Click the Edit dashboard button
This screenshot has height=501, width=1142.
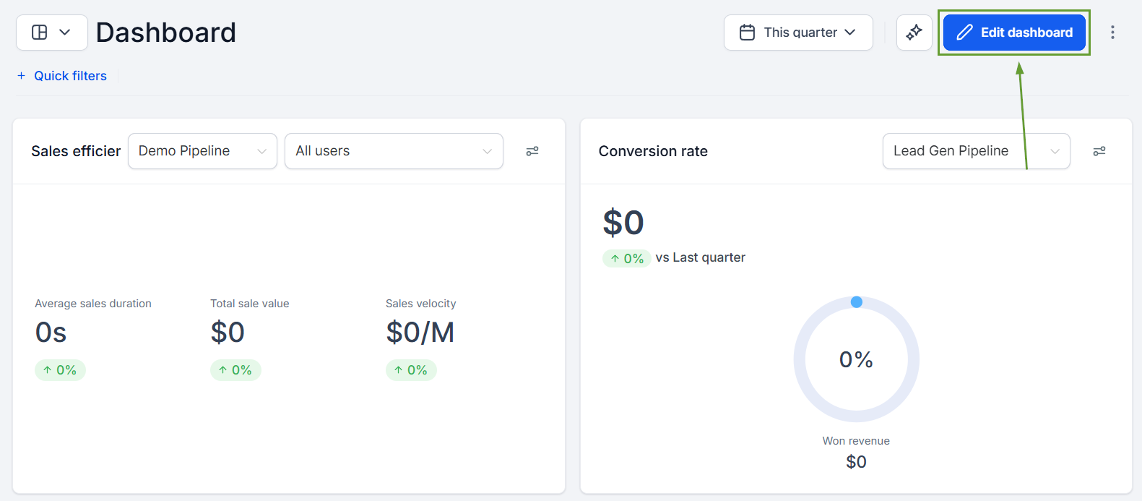(1014, 33)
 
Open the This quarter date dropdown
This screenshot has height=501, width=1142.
(798, 33)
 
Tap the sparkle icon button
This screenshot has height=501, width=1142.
(914, 33)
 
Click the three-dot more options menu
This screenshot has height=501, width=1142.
(1112, 33)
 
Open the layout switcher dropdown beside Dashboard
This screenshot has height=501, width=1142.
(51, 33)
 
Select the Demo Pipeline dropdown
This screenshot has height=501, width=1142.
(202, 151)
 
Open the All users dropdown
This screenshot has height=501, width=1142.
(394, 151)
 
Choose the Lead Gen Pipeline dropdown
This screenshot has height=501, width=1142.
(977, 151)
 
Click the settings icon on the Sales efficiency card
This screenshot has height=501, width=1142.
(532, 151)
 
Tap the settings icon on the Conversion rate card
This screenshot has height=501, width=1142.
(1099, 151)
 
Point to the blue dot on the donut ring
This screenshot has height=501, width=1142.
(857, 302)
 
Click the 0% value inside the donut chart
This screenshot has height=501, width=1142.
(856, 360)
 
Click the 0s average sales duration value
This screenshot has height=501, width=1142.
(51, 333)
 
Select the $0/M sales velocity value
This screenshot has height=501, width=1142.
(420, 333)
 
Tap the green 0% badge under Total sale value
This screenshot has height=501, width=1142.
(235, 370)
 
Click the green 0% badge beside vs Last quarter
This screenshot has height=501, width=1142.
(626, 258)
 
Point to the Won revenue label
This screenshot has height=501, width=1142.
(856, 441)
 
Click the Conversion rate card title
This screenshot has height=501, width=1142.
(653, 151)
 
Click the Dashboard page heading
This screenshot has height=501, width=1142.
(165, 33)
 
